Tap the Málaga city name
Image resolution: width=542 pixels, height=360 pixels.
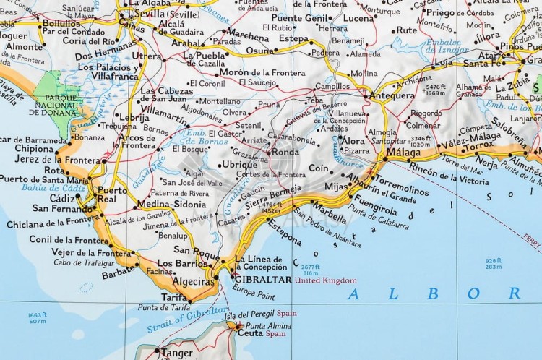[403, 153]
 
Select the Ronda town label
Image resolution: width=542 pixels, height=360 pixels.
[285, 153]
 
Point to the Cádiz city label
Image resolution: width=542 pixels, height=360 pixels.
[62, 198]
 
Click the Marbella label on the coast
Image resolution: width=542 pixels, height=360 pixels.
[328, 215]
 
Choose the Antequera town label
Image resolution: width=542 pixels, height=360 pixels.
[392, 95]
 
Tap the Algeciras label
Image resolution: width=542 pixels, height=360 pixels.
[192, 281]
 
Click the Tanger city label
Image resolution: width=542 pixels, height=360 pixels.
[177, 353]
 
